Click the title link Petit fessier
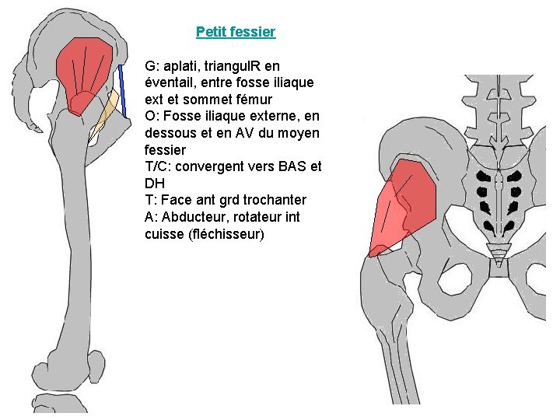pos(236,32)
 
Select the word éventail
pos(170,82)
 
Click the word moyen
pos(300,133)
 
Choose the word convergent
pos(212,166)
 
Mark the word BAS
pos(292,166)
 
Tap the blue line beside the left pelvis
pos(123,89)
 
